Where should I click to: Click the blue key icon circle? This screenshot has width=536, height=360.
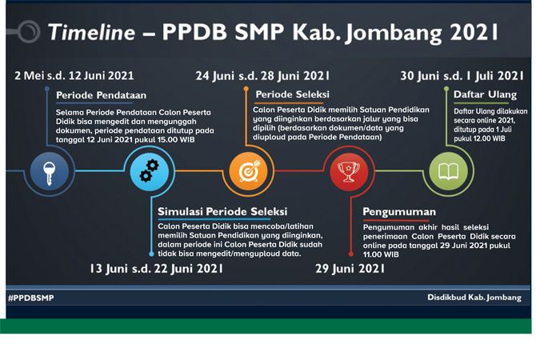coord(50,171)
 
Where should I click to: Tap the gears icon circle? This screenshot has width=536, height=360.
coord(150,171)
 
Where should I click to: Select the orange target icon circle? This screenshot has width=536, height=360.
coord(249,171)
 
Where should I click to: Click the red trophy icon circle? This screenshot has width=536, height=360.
coord(349,171)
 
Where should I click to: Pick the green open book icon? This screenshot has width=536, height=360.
coord(449,171)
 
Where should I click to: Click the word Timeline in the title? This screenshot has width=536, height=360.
coord(92,33)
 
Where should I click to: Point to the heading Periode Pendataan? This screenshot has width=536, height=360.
coord(101,95)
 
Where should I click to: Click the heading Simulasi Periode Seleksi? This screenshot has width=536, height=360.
coord(222,212)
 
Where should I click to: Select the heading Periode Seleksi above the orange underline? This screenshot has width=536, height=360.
coord(293,94)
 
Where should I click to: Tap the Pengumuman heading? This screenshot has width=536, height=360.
coord(399,212)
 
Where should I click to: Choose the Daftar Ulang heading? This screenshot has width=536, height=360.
coord(485,94)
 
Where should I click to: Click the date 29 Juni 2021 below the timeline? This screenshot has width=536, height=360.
coord(350,269)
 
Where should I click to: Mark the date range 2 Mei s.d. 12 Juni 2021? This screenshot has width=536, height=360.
coord(74,75)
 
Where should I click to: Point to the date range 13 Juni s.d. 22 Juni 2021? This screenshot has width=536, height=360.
coord(157,269)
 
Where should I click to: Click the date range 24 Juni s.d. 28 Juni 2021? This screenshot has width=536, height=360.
coord(262,76)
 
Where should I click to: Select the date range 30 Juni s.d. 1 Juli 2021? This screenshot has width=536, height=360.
coord(462,76)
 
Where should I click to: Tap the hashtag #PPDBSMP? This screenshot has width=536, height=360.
coord(30,298)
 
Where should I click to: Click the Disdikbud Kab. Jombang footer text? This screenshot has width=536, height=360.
coord(474,298)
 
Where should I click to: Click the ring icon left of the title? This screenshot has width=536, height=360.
coord(29,31)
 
